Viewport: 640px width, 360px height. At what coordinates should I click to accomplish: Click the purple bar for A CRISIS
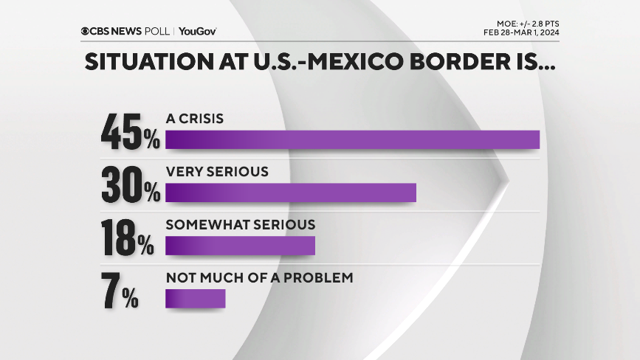point(352,139)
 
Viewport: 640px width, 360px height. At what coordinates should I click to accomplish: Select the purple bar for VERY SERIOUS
point(291,192)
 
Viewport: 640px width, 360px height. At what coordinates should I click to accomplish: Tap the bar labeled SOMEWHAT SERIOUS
point(240,245)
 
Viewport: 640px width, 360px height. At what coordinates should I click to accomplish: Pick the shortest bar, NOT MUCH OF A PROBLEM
point(195,298)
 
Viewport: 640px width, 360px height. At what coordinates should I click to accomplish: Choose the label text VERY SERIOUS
point(216,171)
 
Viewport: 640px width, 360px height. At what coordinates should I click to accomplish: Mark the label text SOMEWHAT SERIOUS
point(240,224)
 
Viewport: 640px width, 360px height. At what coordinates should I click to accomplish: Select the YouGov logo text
point(197,31)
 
